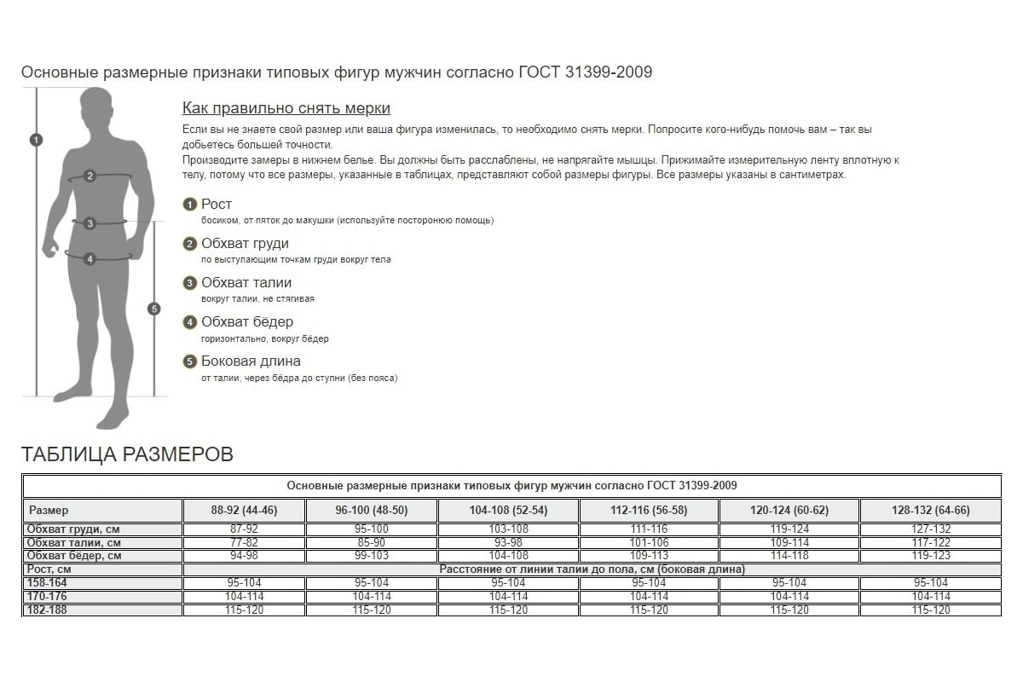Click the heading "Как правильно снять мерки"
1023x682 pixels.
click(286, 108)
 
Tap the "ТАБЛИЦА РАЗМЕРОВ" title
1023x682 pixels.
click(127, 454)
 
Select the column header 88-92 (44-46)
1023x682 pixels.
click(245, 511)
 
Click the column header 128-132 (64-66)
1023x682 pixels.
click(930, 511)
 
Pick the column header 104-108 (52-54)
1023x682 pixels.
click(508, 511)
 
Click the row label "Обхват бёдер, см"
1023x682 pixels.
click(73, 556)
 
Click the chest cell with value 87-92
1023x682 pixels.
click(245, 529)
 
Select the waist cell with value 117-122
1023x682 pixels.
click(930, 543)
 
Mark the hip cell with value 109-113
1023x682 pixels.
click(649, 556)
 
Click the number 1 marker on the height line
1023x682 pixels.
click(36, 140)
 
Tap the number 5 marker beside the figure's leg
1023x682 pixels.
click(153, 309)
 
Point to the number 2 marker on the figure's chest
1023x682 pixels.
click(90, 176)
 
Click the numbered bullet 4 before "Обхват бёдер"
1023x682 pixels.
click(190, 322)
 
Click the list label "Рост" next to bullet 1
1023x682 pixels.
click(217, 205)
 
